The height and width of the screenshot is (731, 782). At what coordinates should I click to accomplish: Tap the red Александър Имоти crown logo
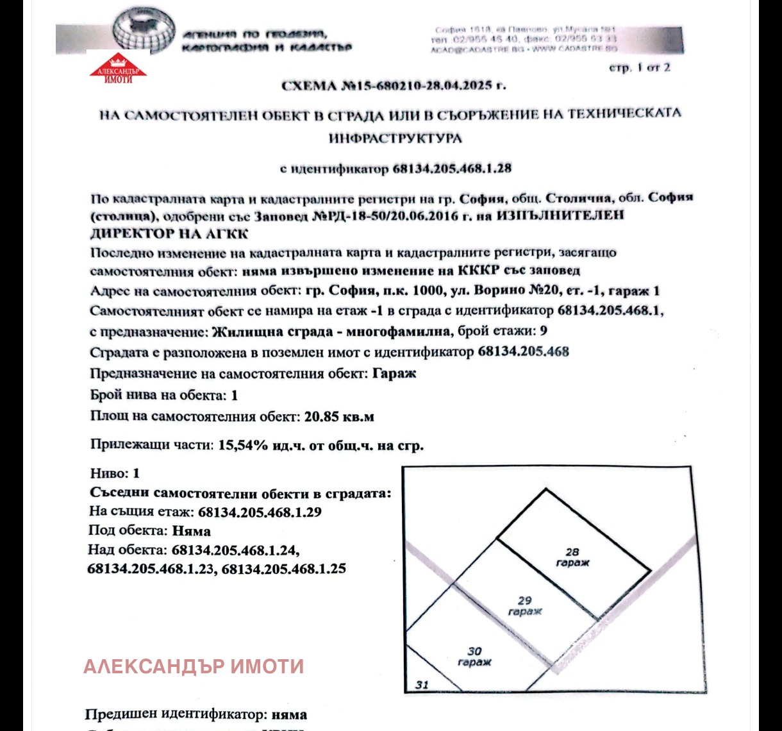[117, 69]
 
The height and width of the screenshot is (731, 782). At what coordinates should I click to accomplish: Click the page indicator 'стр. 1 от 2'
[639, 67]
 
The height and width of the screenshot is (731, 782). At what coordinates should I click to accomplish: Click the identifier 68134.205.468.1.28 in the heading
[452, 169]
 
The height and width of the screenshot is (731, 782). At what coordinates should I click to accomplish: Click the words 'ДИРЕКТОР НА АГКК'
[169, 233]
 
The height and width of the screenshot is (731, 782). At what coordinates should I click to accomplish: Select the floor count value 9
[543, 331]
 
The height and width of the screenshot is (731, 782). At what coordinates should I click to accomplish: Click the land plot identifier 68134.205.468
[523, 351]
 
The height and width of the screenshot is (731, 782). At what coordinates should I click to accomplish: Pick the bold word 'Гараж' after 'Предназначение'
[394, 373]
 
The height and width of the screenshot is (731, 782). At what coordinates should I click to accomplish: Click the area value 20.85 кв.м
[339, 416]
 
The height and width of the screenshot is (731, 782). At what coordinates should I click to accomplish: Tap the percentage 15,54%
[243, 444]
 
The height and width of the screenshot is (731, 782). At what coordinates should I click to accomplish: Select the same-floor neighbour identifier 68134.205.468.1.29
[260, 512]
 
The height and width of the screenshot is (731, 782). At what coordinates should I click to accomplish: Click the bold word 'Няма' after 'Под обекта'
[191, 531]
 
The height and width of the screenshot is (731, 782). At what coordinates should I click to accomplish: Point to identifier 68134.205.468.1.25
[283, 568]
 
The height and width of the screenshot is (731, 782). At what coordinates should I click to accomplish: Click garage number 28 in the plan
[572, 551]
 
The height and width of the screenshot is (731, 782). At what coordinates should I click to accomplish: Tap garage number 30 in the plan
[475, 651]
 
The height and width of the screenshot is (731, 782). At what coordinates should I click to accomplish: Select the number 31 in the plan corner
[421, 684]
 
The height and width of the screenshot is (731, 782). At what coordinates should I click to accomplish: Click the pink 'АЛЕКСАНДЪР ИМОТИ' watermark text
[194, 666]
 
